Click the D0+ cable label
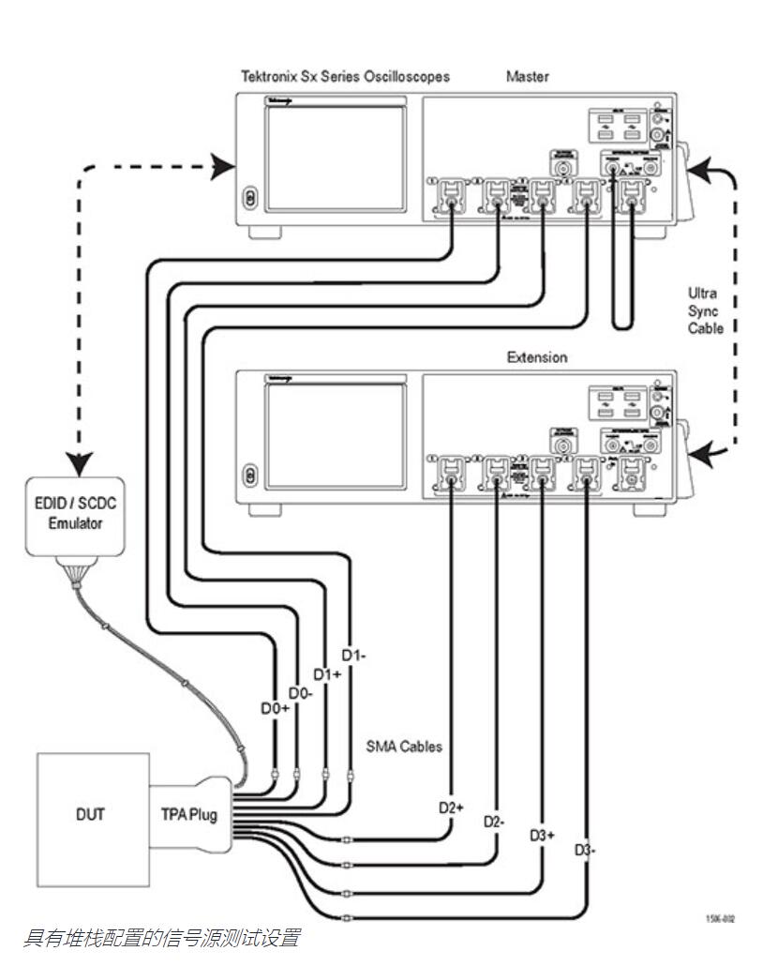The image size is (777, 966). pos(275,708)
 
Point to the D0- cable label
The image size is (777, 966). pos(300,692)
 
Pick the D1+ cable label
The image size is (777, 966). pos(326,673)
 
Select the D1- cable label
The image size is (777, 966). pos(352,655)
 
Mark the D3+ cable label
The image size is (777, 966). pos(543,835)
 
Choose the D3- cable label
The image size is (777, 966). pos(586,850)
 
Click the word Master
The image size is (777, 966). pos(528,77)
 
